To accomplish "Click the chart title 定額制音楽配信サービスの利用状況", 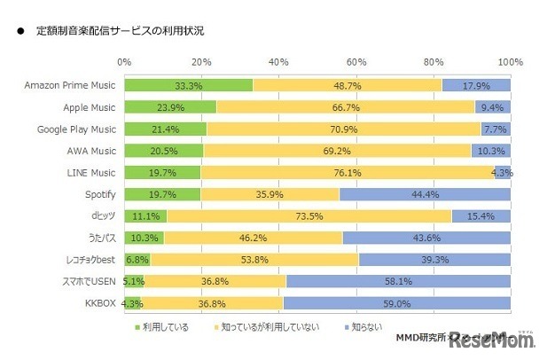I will (119, 31).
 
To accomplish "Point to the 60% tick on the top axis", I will (356, 62).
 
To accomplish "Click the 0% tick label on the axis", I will (124, 62).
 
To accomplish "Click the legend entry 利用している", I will (166, 327).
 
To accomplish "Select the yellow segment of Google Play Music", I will (344, 129).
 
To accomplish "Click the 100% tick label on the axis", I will (510, 62).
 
